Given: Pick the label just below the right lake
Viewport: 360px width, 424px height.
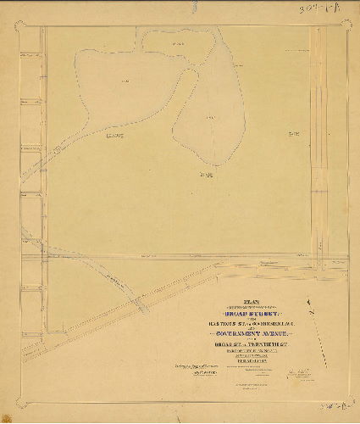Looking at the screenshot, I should coord(203,176).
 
